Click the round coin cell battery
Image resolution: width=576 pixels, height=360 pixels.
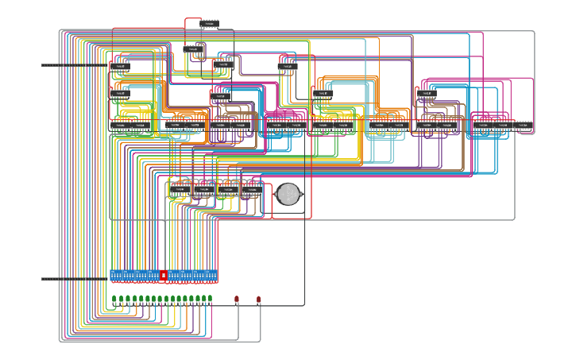click(288, 194)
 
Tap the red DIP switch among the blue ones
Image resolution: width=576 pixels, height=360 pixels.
click(164, 276)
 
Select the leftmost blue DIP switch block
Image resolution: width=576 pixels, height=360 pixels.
click(116, 276)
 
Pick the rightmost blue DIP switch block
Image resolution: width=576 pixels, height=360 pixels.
click(211, 276)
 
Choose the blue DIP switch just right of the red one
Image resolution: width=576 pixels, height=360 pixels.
click(174, 276)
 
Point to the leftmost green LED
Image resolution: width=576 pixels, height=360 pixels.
click(114, 300)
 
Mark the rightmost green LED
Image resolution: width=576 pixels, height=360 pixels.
click(210, 299)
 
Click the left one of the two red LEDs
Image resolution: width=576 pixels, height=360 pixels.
click(237, 300)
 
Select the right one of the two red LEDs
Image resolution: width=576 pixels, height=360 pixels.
click(259, 300)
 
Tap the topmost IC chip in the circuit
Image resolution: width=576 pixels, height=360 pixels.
click(210, 25)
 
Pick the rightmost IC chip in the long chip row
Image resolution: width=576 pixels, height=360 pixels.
click(525, 126)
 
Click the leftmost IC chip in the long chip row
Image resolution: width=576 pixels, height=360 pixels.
click(120, 126)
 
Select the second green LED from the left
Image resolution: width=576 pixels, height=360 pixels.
click(121, 300)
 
